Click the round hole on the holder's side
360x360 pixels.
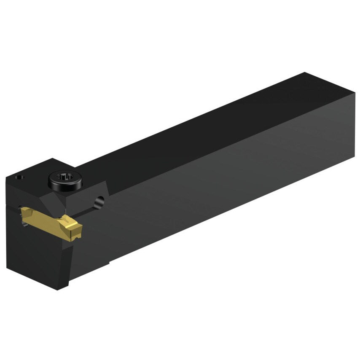tap(99, 201)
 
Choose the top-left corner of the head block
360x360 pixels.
tap(7, 177)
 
